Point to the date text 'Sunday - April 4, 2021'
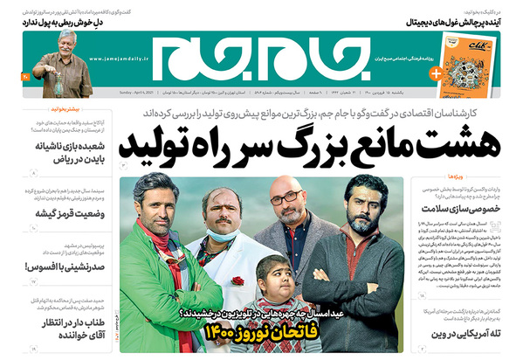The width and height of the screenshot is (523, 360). [127, 91]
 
